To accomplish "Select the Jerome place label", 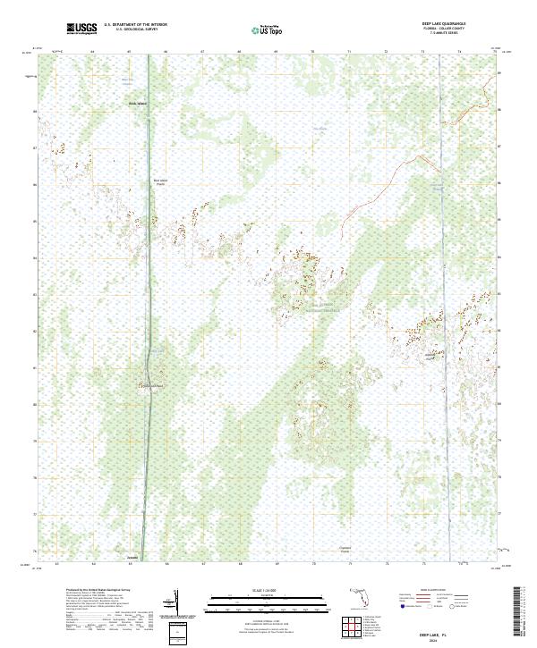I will point(132,559).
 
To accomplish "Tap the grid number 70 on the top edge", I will point(312,51).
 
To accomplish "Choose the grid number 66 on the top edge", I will point(166,51).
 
